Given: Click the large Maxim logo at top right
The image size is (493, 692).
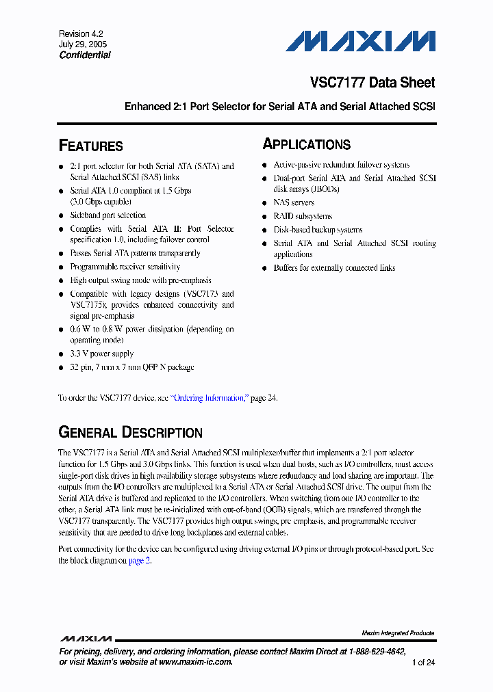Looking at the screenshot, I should [x=360, y=42].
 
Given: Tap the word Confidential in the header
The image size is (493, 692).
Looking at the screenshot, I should [x=85, y=55].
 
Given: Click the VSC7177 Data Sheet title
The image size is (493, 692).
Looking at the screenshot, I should [x=372, y=83].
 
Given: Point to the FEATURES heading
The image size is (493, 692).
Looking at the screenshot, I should [x=91, y=146].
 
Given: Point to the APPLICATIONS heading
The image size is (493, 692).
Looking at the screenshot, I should [x=307, y=144].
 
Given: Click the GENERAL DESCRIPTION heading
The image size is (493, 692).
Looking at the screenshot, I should [x=130, y=432].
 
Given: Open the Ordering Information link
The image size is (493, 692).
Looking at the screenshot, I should [x=209, y=398].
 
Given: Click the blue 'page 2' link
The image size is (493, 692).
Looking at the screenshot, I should [x=137, y=561].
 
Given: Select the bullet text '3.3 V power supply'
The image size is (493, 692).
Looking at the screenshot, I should [x=101, y=354].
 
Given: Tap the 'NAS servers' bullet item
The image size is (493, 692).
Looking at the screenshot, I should [x=294, y=203].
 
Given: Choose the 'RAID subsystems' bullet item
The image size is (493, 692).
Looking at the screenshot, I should [x=303, y=216].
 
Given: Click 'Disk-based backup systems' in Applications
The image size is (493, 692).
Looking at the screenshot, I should [x=318, y=230].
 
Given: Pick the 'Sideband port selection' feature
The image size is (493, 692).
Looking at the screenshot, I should [x=108, y=215].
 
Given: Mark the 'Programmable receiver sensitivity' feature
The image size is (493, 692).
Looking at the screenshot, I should [x=125, y=267].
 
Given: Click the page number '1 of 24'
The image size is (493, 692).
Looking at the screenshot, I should [x=423, y=663].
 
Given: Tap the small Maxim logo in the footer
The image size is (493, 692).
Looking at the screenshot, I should [x=86, y=638].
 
